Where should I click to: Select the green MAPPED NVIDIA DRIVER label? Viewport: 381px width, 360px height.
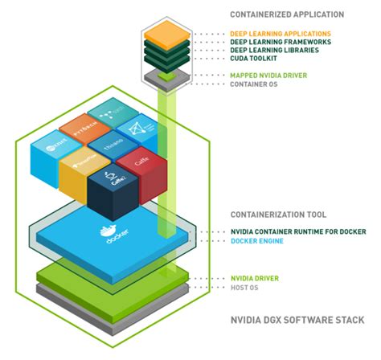(x=267, y=75)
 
